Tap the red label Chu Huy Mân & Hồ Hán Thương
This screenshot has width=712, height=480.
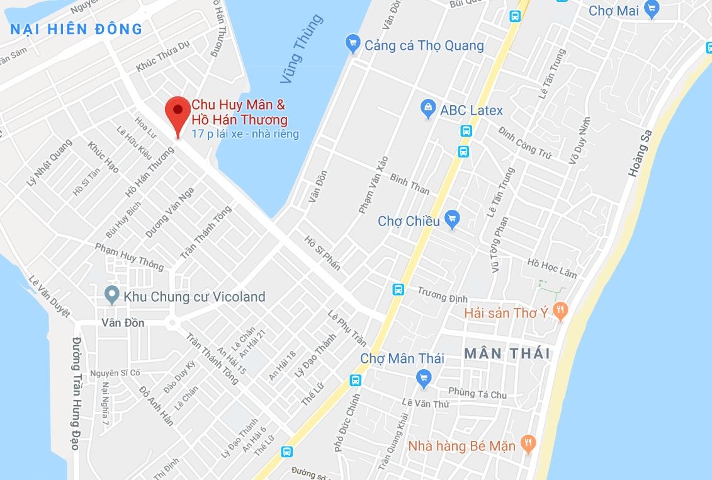pos(239,111)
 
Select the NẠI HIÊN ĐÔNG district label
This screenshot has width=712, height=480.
pos(77,28)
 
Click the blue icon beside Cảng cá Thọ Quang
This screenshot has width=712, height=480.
pos(353,45)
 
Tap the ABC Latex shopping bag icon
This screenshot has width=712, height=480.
pos(428,110)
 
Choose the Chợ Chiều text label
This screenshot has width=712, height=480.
pos(409,221)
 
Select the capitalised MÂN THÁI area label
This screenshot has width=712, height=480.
pos(507,353)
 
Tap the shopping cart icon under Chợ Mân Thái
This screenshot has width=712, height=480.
pos(424,378)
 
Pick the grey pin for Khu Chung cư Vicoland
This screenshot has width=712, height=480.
pos(111,294)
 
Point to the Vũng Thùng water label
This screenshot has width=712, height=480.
pos(302,49)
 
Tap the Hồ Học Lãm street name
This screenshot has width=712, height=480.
pos(552,268)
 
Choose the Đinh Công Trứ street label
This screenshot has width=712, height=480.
pos(524,140)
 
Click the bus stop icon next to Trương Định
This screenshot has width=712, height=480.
pos(398,289)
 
